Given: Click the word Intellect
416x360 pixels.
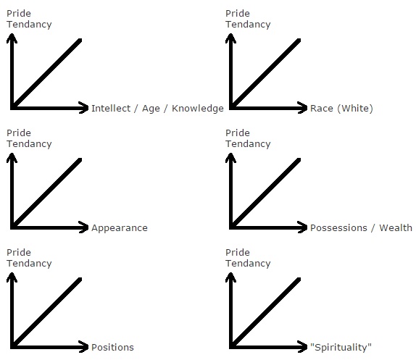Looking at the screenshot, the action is click(111, 108).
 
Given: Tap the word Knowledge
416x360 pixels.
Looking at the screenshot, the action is click(198, 109).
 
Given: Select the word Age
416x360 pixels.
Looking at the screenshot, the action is click(151, 109).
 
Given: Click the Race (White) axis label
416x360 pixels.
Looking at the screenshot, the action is click(341, 109).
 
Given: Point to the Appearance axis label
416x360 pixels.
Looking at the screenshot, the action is click(120, 228).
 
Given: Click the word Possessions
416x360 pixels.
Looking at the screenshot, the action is click(338, 227).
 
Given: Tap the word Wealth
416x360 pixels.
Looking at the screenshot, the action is click(396, 227).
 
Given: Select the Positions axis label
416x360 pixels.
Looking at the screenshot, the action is click(112, 347).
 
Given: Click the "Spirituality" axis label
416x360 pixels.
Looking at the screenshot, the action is click(341, 348).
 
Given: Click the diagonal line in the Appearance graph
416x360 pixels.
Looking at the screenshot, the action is click(47, 193).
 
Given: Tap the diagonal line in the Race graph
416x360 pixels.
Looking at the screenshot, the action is click(266, 73).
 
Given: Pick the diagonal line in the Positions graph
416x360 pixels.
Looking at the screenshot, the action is click(47, 312).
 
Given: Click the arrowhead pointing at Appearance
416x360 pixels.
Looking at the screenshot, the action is click(84, 227).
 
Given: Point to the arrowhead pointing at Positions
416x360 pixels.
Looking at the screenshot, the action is click(84, 347).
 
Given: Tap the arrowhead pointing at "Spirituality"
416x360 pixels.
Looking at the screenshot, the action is click(303, 347).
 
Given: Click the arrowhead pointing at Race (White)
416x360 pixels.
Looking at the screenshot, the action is click(303, 108).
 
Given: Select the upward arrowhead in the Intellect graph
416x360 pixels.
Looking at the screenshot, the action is click(12, 38).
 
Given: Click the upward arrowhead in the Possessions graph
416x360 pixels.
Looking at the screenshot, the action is click(230, 158).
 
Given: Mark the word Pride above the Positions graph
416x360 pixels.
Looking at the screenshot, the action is click(19, 252).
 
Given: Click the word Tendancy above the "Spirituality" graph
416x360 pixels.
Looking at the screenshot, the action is click(248, 264).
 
